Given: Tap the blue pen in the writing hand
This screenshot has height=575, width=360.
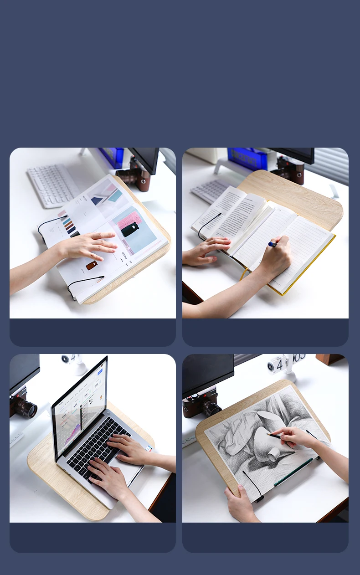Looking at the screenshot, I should pos(272,244).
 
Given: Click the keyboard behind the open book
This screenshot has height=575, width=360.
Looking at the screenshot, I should pos(210,190).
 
